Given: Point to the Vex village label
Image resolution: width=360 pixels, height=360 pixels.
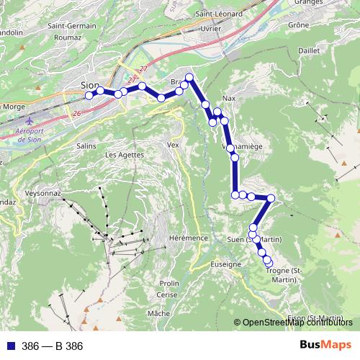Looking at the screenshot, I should click(x=172, y=145).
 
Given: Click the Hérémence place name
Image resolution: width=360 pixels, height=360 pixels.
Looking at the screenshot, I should click(x=188, y=238).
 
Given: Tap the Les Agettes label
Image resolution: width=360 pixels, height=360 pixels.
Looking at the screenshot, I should click(x=124, y=155).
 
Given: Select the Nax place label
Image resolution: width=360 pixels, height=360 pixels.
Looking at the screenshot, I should click(x=230, y=98).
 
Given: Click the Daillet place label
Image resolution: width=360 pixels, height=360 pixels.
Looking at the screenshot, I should click(x=308, y=51).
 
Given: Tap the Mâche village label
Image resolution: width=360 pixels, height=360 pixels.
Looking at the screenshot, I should click(x=158, y=314).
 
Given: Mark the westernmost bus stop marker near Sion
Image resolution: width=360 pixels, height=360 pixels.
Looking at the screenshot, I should click(x=89, y=95).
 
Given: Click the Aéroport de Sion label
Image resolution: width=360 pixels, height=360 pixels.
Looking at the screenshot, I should click(x=29, y=135).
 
